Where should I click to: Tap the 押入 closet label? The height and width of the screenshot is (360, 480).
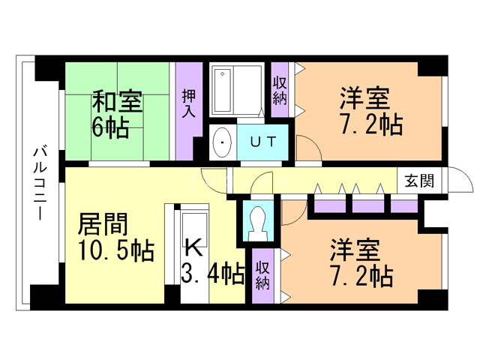(188, 104)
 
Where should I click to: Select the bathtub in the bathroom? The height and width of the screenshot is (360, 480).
(235, 91)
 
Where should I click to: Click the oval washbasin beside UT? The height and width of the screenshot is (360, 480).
(222, 142)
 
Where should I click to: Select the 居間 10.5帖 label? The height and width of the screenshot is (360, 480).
(115, 235)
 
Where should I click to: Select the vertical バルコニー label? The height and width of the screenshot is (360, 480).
(38, 184)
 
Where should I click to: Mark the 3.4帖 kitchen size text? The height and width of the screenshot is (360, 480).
(213, 274)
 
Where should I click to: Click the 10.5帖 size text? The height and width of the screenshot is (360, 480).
(115, 249)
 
